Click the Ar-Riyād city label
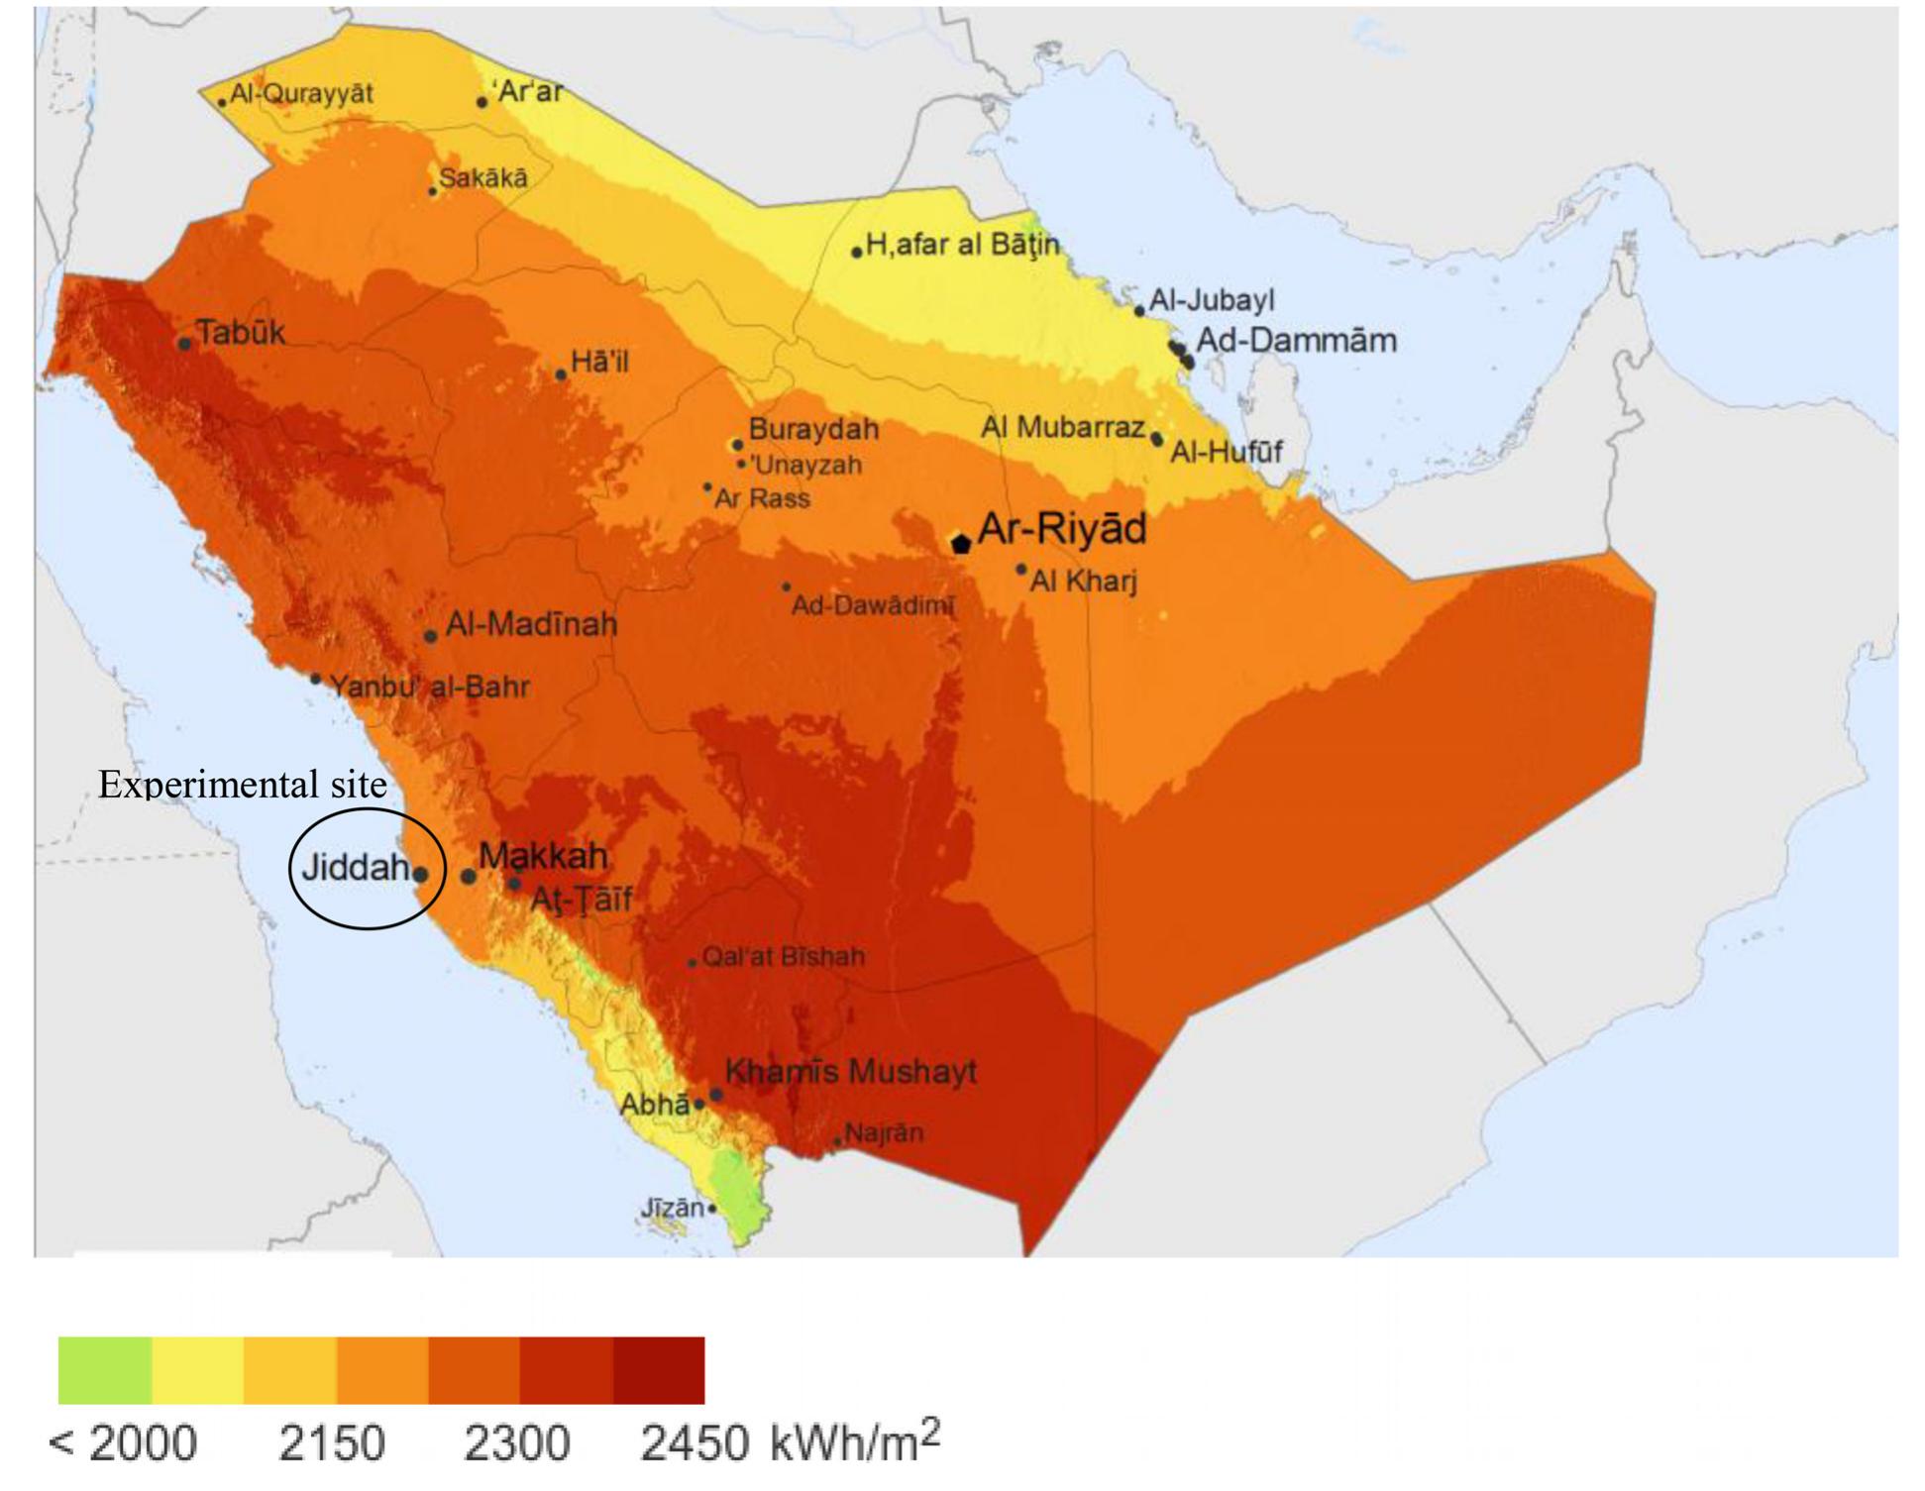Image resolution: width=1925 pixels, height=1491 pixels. [1061, 529]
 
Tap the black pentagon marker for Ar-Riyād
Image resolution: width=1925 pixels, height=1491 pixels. [960, 543]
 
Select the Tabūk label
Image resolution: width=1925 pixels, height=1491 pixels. [240, 333]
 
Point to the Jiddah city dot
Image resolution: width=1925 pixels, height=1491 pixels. [420, 875]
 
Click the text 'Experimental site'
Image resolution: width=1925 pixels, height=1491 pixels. [243, 785]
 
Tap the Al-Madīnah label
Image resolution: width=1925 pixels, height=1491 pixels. [531, 624]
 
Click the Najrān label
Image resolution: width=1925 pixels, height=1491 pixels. [884, 1132]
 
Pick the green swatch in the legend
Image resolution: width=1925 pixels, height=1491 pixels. [105, 1370]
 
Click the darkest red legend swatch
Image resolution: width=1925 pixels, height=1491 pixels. [659, 1370]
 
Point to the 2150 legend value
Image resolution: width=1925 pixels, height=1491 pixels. [331, 1442]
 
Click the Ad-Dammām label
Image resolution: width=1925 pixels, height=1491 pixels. [1296, 341]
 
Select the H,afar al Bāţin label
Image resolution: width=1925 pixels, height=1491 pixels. [962, 244]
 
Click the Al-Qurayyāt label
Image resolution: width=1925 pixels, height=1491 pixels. [301, 94]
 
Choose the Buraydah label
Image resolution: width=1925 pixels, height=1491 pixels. [813, 429]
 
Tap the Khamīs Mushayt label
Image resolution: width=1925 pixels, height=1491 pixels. [850, 1071]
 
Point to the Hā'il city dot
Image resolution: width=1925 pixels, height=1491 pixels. [561, 374]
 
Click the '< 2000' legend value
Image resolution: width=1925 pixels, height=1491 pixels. [123, 1442]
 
